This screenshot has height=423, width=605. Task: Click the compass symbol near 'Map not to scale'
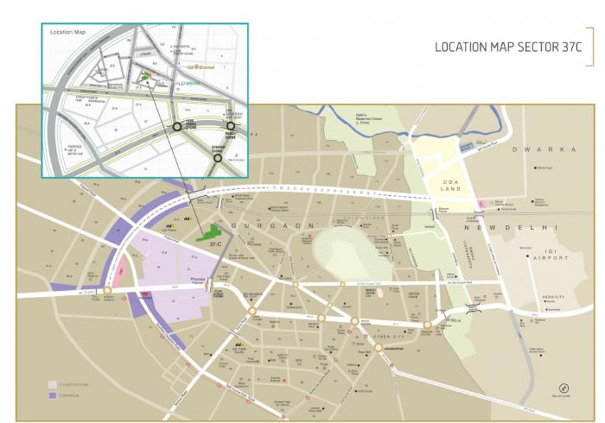tap(564, 388)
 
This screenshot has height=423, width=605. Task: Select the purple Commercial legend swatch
tap(52, 395)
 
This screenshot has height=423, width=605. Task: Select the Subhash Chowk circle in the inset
tap(218, 158)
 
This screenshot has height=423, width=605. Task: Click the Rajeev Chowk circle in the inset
tap(231, 126)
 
